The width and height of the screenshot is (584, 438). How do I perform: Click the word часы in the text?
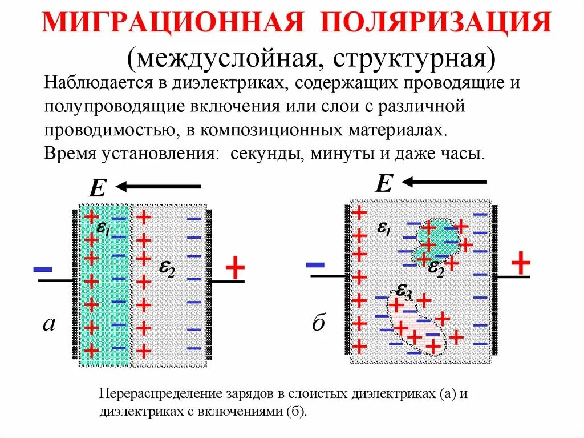pyautogui.click(x=465, y=154)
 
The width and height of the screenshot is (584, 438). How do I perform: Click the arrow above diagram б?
pyautogui.click(x=444, y=182)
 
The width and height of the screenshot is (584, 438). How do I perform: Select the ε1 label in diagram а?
pyautogui.click(x=103, y=228)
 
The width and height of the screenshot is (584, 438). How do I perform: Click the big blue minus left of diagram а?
pyautogui.click(x=43, y=268)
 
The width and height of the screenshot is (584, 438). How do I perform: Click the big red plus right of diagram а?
pyautogui.click(x=235, y=267)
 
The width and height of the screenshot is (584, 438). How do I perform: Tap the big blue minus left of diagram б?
pyautogui.click(x=315, y=263)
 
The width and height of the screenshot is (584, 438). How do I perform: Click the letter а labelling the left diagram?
pyautogui.click(x=49, y=324)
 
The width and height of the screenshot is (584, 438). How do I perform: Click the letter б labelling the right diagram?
pyautogui.click(x=318, y=323)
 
